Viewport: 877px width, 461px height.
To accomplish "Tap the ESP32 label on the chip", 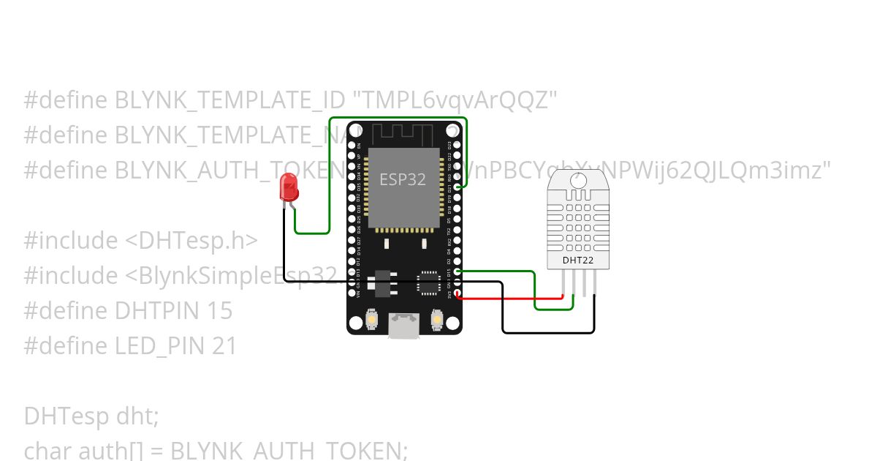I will [x=403, y=179].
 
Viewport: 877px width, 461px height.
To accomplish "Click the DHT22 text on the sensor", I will [x=577, y=260].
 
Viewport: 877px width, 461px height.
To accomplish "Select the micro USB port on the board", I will [x=403, y=325].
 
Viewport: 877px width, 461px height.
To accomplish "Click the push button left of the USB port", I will [x=371, y=321].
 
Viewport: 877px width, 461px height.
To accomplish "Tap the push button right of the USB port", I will [x=437, y=321].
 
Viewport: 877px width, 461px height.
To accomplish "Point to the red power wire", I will [x=512, y=298].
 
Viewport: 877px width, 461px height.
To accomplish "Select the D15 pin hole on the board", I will [x=458, y=271].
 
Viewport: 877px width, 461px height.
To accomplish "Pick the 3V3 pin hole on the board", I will [x=458, y=295].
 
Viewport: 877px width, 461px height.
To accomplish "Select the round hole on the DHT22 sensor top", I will [x=581, y=179].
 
